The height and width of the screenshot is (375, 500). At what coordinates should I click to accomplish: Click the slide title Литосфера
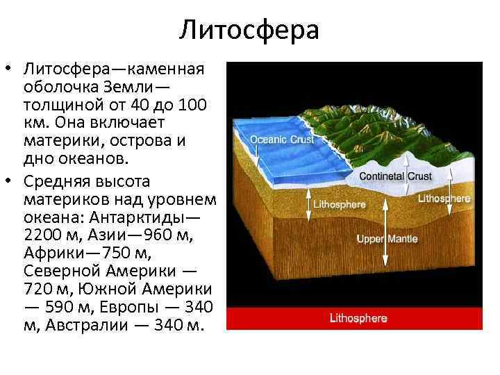pos(249,30)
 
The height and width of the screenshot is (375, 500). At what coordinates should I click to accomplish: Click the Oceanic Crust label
pos(282,139)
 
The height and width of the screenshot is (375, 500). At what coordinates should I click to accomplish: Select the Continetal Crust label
pos(395,176)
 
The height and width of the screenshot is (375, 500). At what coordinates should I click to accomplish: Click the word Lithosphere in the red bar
pos(358,319)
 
